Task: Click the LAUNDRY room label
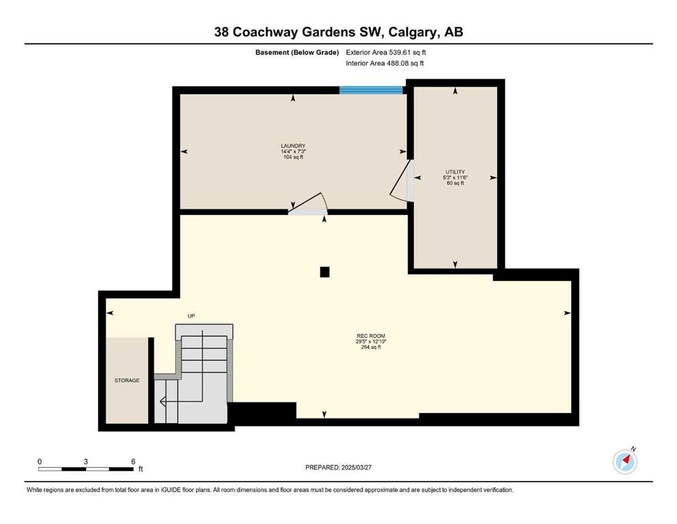tap(293, 146)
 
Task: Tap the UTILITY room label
tap(455, 172)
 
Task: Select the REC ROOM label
tap(371, 336)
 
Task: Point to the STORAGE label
tap(127, 381)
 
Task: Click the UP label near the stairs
tap(192, 316)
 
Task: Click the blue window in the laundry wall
tap(371, 90)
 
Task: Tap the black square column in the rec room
tap(325, 272)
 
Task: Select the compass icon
tap(625, 461)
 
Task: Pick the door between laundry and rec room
tap(308, 204)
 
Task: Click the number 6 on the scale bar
tap(133, 461)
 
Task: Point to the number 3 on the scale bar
tap(86, 461)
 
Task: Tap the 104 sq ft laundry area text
tap(293, 157)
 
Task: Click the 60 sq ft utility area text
tap(455, 183)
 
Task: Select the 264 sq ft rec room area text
tap(371, 347)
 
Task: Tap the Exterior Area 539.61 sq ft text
tap(386, 53)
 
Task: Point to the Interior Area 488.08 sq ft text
tap(385, 63)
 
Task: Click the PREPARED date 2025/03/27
tap(356, 467)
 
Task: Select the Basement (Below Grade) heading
tap(297, 53)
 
